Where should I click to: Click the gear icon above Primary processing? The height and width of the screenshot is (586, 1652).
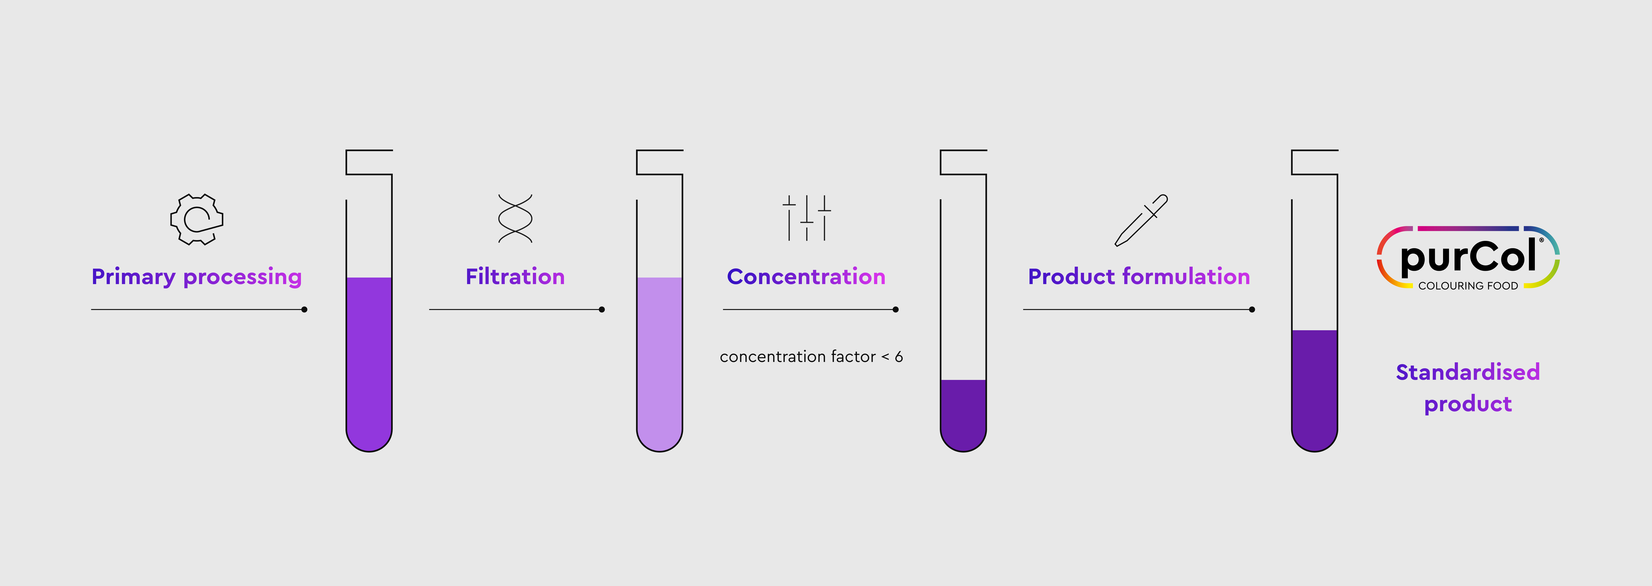[x=197, y=219]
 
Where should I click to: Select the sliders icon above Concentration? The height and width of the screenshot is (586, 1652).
[x=807, y=218]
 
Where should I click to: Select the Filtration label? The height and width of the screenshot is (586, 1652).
[x=515, y=276]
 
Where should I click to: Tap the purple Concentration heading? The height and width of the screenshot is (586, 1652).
[x=806, y=276]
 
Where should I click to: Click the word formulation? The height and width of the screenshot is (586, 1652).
[x=1186, y=276]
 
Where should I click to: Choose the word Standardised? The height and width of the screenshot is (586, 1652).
[x=1468, y=372]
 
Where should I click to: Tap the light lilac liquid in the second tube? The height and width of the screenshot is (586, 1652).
[x=659, y=362]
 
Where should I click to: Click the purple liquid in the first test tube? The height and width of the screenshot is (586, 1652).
[x=369, y=362]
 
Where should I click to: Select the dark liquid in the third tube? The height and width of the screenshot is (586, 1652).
[x=963, y=413]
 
